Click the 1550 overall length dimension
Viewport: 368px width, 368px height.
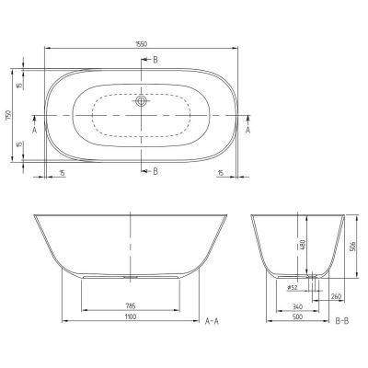pos(141,42)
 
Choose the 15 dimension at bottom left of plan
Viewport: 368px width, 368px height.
pos(62,172)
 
